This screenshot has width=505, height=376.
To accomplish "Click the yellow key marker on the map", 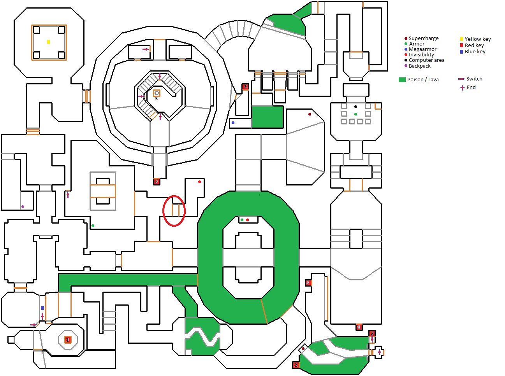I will [x=48, y=42].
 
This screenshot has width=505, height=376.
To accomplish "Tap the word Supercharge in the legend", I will [x=424, y=38].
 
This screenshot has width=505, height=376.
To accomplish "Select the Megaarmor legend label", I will [x=422, y=49].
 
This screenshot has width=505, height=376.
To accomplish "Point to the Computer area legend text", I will [x=426, y=60].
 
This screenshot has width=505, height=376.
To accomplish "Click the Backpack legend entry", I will [x=419, y=66].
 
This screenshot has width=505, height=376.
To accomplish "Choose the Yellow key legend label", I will [x=478, y=39].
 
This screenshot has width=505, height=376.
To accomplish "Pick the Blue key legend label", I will [x=475, y=52].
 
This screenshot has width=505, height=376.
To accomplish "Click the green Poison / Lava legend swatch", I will [x=402, y=80].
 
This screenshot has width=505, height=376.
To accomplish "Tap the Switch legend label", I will [x=474, y=79].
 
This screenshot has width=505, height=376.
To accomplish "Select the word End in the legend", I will [x=471, y=87].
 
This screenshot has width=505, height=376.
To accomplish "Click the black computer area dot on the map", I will [x=355, y=107].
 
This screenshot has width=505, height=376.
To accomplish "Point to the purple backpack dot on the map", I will [x=23, y=206].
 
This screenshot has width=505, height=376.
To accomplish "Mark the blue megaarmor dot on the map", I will [x=233, y=122].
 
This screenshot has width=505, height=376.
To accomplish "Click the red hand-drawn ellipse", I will [x=174, y=211].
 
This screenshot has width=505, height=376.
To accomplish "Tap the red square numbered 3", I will [x=245, y=87].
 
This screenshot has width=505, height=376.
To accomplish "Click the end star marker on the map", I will [x=379, y=352].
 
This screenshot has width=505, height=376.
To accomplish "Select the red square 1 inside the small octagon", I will [x=68, y=340].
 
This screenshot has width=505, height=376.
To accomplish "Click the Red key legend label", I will [x=474, y=45].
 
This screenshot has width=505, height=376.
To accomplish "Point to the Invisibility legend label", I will [x=421, y=55].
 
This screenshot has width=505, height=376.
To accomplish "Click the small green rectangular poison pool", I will [x=267, y=117].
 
